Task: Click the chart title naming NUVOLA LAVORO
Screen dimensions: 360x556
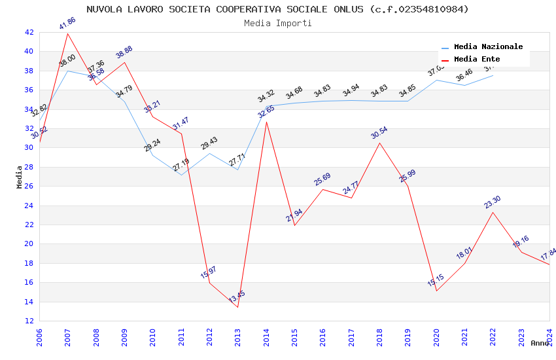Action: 277,9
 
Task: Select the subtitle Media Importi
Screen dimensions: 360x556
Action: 277,23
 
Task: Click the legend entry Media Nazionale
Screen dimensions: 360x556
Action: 488,47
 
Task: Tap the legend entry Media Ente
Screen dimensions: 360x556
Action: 477,59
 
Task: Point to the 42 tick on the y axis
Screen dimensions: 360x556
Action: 29,32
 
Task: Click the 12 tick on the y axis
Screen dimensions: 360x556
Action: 29,321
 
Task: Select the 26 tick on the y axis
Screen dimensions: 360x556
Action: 29,186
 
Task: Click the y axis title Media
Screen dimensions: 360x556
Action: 20,177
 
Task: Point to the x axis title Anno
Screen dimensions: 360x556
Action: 540,343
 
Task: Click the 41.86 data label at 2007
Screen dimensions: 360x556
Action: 67,24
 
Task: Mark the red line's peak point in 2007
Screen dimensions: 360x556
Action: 67,33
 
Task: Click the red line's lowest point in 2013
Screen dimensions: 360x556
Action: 237,307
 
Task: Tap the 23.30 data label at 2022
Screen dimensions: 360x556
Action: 492,202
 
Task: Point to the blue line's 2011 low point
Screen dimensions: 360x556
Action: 181,175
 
